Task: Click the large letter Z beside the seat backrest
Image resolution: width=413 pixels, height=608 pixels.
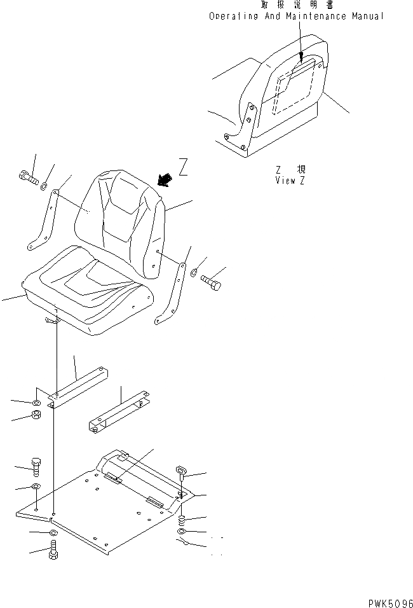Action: click(x=183, y=168)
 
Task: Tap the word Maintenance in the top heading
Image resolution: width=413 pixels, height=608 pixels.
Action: click(x=316, y=16)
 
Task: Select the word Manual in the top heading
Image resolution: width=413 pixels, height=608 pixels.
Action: click(x=368, y=16)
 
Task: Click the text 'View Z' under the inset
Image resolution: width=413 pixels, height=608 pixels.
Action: click(x=290, y=180)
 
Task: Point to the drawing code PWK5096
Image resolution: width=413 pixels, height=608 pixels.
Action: click(x=390, y=601)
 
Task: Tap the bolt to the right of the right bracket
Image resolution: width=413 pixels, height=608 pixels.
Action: click(x=211, y=282)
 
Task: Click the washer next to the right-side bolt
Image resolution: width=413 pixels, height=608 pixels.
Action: click(x=194, y=273)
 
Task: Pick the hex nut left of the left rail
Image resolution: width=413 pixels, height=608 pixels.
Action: click(x=37, y=417)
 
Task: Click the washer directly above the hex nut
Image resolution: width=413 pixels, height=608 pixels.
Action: click(x=36, y=403)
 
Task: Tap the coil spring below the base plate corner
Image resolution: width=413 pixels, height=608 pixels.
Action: click(x=182, y=519)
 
